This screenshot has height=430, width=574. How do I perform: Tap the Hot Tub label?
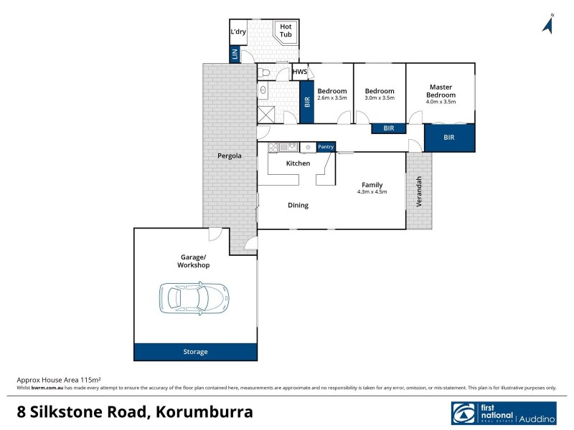[x=286, y=32]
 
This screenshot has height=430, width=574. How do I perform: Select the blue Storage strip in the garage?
[x=195, y=352]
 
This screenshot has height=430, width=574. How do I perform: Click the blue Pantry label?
[x=326, y=147]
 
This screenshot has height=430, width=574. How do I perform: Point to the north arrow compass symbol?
[x=549, y=24]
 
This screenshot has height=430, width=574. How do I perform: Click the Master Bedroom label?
[x=441, y=91]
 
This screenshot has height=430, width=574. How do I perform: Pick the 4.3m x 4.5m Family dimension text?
[x=372, y=192]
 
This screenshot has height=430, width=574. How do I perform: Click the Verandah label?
[x=420, y=191]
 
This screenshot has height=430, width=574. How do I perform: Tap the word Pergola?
[x=230, y=156]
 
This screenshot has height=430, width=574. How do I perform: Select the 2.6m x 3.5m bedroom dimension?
[x=332, y=98]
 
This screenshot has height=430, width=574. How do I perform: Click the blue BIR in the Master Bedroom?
[x=449, y=137]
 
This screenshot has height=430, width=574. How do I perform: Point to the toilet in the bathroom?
[x=263, y=72]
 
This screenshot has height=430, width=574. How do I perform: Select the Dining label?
[x=298, y=205]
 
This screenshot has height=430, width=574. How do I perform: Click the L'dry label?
[x=237, y=32]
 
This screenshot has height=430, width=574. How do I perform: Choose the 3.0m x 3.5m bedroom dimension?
[x=380, y=98]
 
